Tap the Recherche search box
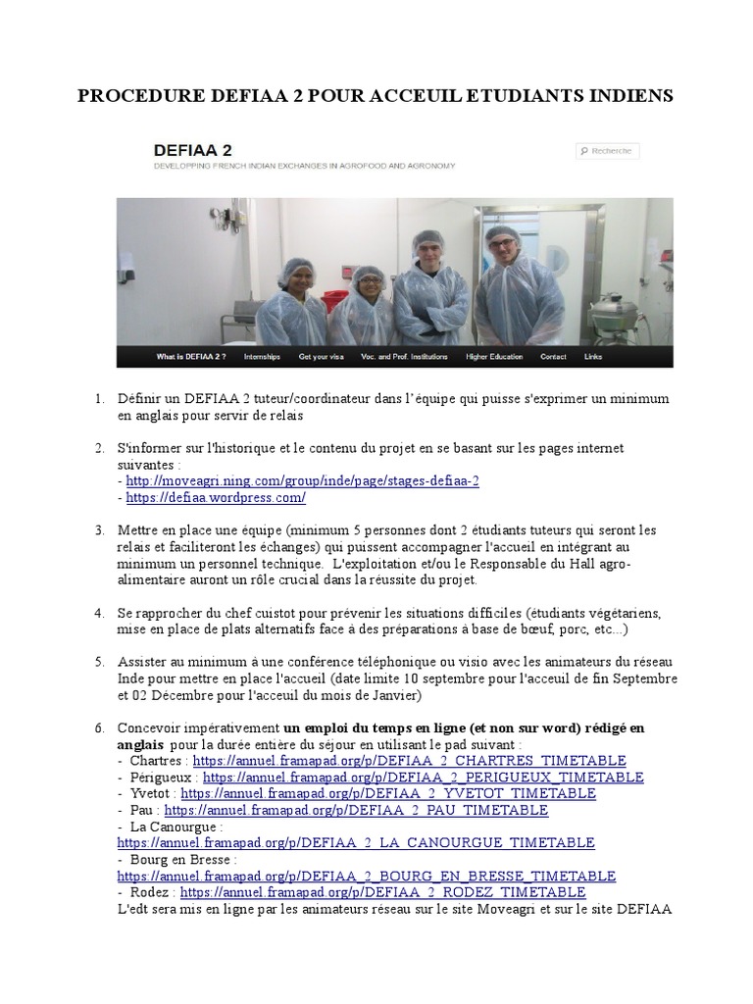[x=607, y=151]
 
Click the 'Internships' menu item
[x=262, y=357]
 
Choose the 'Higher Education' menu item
[x=494, y=357]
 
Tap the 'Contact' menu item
[x=553, y=357]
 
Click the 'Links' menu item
[x=593, y=357]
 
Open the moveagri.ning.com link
[x=302, y=480]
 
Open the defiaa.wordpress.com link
[x=216, y=497]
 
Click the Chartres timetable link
[x=409, y=761]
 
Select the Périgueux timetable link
[x=424, y=778]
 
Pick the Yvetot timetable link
[x=388, y=793]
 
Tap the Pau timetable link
[x=356, y=810]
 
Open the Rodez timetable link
[x=383, y=892]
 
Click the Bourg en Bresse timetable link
[x=367, y=876]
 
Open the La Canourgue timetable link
[x=356, y=842]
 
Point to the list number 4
[x=99, y=614]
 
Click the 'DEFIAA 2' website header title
[x=193, y=150]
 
